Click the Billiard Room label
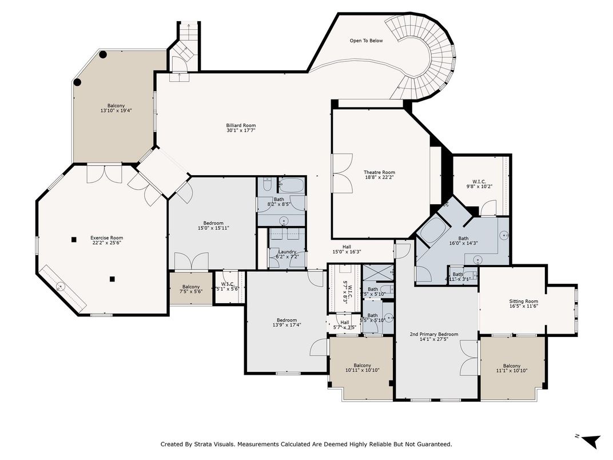241,125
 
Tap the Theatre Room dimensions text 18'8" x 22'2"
380,178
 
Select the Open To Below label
366,41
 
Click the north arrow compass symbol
591,441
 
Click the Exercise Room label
106,238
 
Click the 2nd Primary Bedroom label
434,334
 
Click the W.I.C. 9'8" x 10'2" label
479,183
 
